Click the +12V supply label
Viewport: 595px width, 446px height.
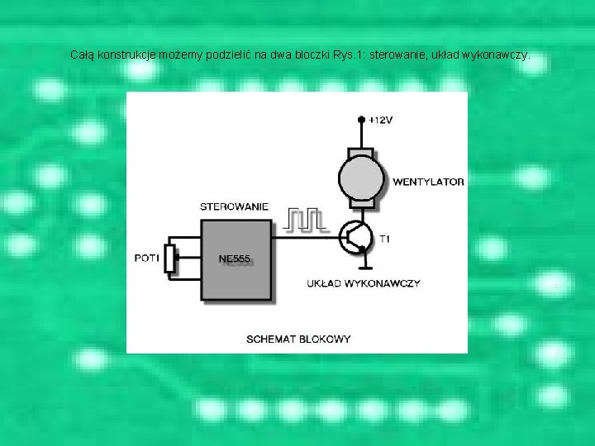coord(381,121)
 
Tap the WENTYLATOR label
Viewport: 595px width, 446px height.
coord(428,182)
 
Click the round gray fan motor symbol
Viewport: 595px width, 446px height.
coord(361,178)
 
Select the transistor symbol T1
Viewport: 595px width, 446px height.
coord(357,238)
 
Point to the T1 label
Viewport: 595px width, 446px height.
coord(385,239)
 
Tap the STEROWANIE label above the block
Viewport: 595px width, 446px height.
coord(234,206)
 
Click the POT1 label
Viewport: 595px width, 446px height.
coord(146,259)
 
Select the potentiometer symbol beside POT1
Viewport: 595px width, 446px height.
coord(171,258)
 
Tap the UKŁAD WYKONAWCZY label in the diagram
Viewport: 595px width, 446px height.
coord(364,283)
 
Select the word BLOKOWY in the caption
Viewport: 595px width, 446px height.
coord(325,339)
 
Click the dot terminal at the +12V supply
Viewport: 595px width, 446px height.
coord(361,120)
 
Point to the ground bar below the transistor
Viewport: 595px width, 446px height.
coord(364,267)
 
